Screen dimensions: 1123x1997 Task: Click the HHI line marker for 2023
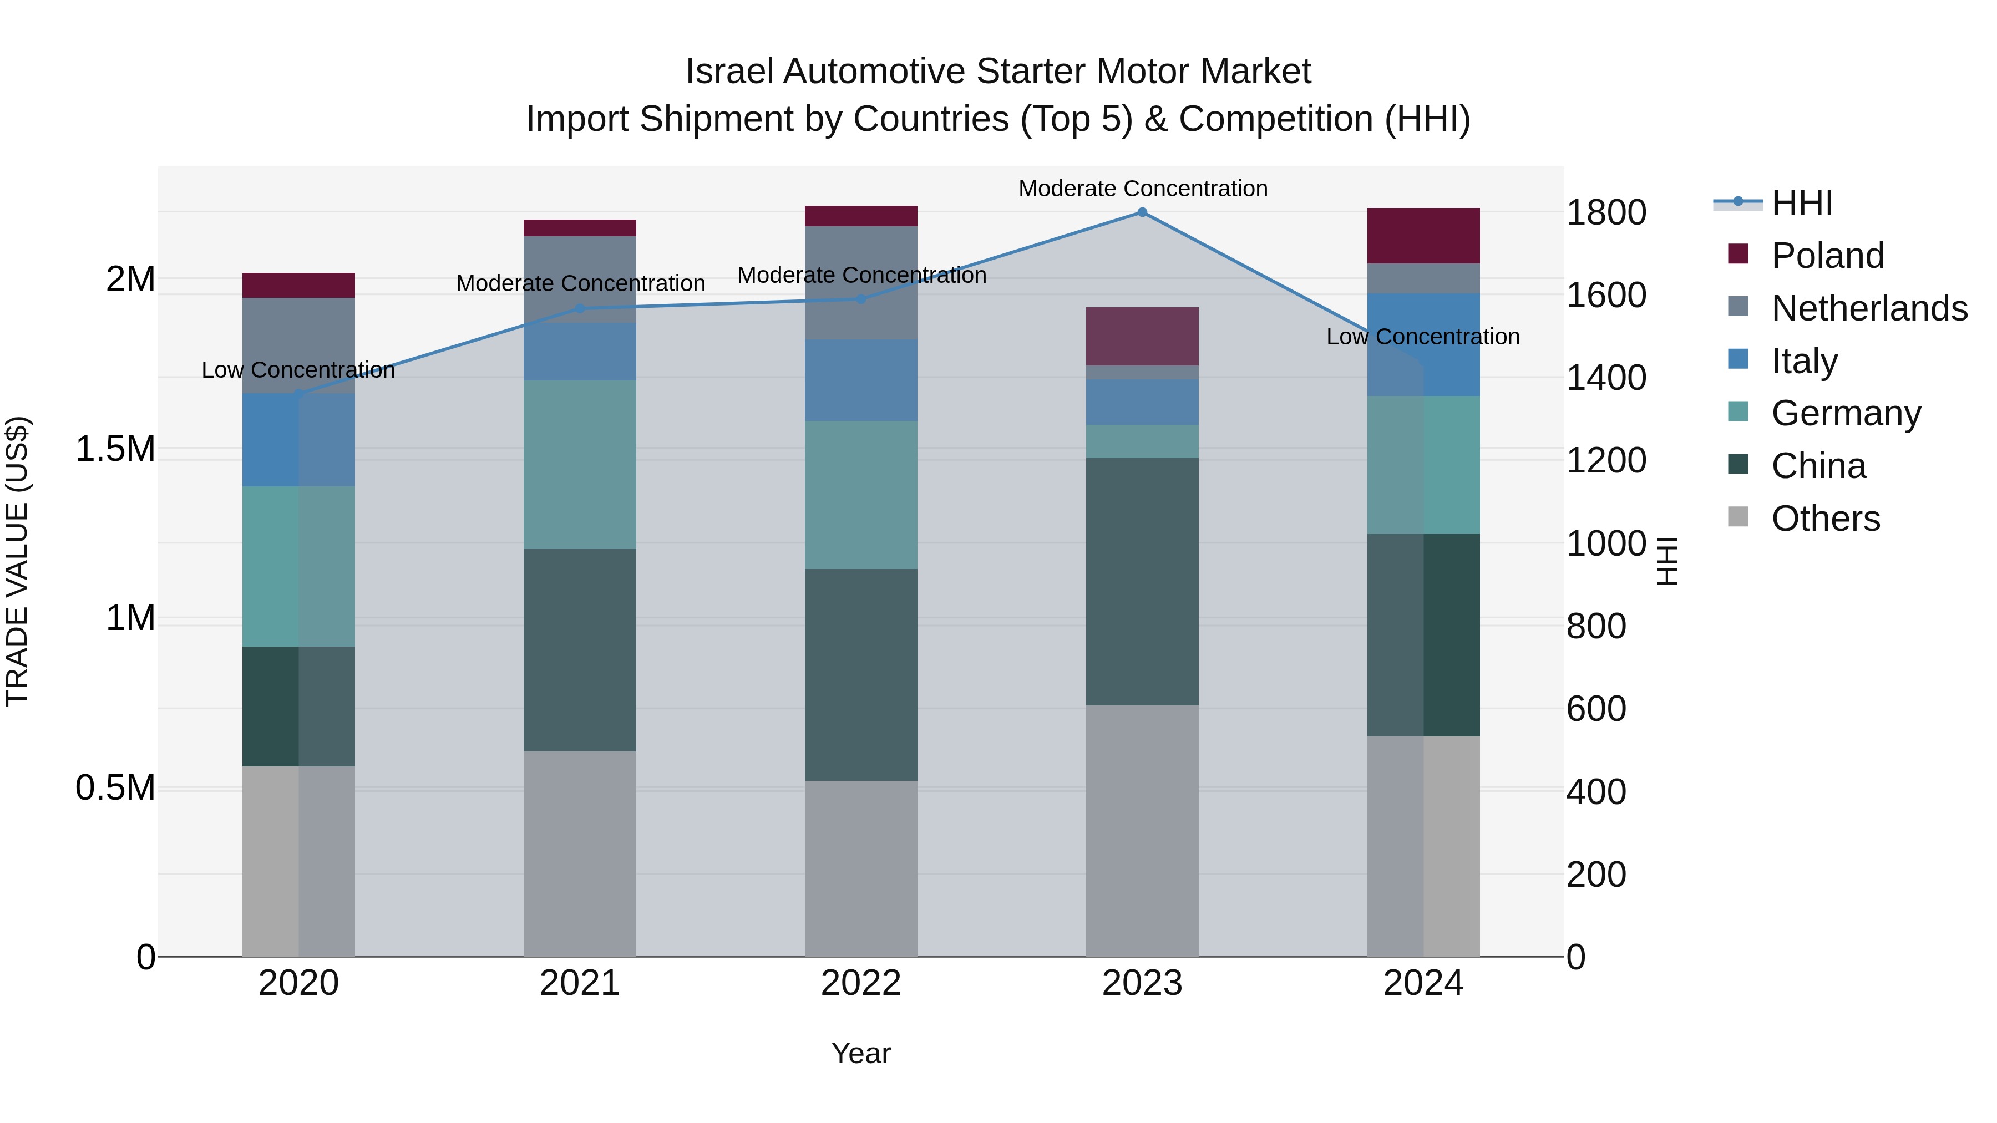click(1142, 212)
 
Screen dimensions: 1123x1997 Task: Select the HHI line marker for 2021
click(580, 308)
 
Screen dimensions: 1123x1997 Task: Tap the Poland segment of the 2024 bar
click(1423, 236)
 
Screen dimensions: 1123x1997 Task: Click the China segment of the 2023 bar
click(1142, 581)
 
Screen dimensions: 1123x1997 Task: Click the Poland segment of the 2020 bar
click(298, 285)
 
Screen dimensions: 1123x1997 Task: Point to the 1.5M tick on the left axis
click(115, 449)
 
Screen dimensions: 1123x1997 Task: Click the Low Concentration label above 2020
click(298, 370)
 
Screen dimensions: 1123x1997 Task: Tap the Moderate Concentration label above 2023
click(1143, 189)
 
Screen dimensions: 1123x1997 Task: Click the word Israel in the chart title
click(729, 72)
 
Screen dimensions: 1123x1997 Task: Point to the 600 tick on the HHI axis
click(1596, 709)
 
